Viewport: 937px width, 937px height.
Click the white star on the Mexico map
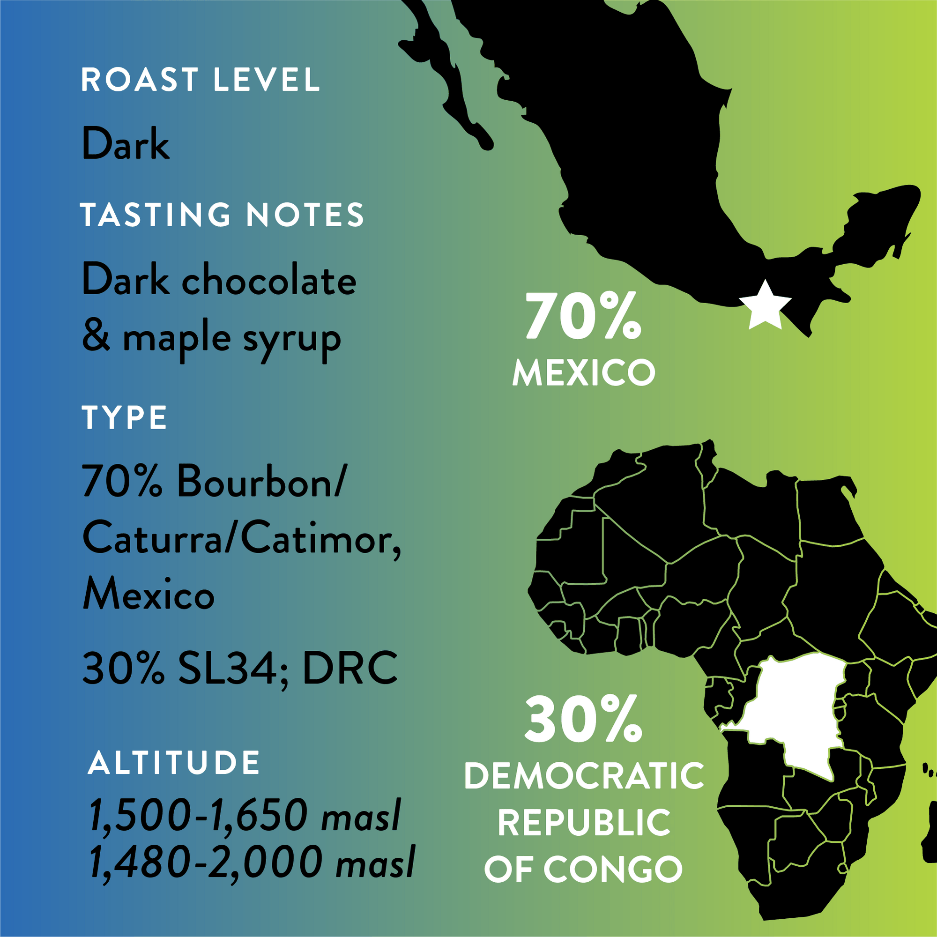point(765,306)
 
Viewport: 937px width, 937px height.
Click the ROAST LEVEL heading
point(200,80)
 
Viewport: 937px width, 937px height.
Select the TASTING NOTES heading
point(222,215)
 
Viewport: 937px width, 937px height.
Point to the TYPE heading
point(125,417)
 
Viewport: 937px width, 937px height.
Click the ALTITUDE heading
point(174,763)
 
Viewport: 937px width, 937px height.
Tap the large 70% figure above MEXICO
point(583,317)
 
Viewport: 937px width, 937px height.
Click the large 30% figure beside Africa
point(583,719)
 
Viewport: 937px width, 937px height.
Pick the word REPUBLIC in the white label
point(584,823)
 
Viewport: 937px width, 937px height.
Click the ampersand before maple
point(96,336)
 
